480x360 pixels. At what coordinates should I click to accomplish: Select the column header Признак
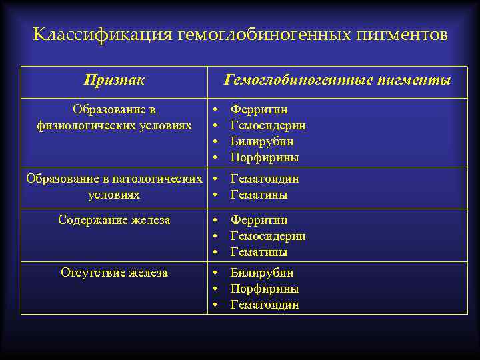pos(114,81)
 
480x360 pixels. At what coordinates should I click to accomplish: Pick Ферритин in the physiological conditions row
pos(259,109)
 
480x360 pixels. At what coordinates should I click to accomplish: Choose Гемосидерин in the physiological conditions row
pos(268,125)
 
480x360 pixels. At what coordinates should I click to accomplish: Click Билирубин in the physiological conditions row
pos(262,141)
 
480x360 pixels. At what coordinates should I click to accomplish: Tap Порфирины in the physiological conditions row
pos(264,158)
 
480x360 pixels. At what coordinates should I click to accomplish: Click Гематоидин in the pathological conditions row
pos(264,179)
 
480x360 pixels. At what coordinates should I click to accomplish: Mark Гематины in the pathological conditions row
pos(259,195)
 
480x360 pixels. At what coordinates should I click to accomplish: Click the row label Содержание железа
pos(114,220)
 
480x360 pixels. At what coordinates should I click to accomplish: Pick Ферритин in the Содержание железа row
pos(259,220)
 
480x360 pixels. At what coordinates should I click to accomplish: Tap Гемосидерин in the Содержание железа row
pos(268,236)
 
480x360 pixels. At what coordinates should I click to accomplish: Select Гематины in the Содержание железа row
pos(259,252)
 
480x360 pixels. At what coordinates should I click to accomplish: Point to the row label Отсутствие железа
pos(114,273)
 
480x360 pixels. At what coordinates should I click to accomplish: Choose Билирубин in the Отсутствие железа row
pos(262,273)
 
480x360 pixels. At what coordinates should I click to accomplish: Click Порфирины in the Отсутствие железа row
pos(264,289)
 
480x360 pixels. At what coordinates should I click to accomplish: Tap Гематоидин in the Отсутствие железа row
pos(264,305)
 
